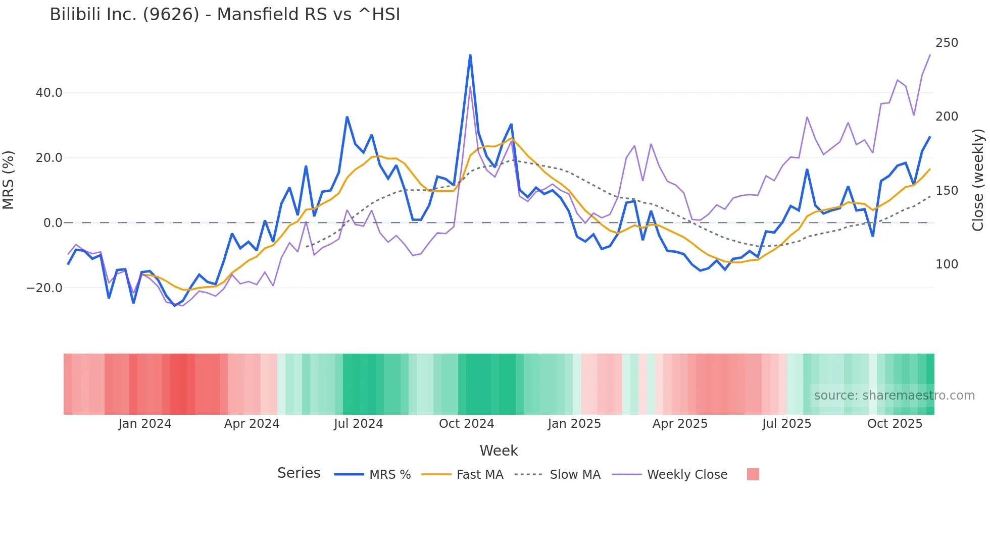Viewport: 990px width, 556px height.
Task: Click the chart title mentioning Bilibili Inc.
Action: [225, 15]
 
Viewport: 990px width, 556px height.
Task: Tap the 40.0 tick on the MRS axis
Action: [49, 93]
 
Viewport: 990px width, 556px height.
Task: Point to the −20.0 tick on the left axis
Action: [44, 288]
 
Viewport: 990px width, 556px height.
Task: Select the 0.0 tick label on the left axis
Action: [53, 223]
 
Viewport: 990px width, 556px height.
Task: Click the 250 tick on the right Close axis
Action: [947, 43]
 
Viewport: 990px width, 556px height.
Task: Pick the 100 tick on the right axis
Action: [947, 264]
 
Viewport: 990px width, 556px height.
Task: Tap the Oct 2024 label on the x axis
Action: [466, 424]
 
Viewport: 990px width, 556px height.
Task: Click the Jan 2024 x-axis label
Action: [145, 424]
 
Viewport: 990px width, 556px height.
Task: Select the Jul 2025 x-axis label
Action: [786, 424]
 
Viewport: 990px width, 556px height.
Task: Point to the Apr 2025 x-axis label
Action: [680, 424]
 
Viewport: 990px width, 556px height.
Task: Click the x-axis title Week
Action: [499, 451]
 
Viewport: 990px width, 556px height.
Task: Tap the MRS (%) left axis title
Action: [9, 180]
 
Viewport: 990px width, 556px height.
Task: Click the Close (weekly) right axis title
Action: [978, 180]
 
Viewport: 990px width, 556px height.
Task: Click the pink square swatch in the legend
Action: [753, 474]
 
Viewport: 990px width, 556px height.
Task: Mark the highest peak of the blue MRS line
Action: [470, 55]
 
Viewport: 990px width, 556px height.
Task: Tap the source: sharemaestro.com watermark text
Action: [894, 396]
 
